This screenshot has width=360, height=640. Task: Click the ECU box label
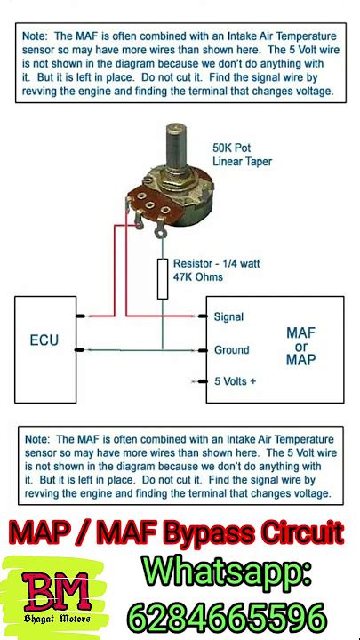[44, 340]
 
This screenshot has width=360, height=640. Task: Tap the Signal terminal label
[228, 316]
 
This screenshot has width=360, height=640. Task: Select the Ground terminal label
[231, 350]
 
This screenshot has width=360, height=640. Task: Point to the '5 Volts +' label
[236, 381]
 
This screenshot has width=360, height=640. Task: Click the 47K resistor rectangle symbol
[163, 279]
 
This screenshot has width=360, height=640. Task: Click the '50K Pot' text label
[231, 148]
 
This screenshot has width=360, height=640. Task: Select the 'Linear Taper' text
[242, 162]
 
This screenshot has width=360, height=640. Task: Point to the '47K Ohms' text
[198, 277]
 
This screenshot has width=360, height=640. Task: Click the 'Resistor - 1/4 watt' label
[216, 263]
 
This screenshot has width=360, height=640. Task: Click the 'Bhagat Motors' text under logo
[57, 619]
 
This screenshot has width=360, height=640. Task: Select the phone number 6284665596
[228, 617]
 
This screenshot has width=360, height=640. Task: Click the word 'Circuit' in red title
[300, 532]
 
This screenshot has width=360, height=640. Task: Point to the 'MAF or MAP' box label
[300, 347]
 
